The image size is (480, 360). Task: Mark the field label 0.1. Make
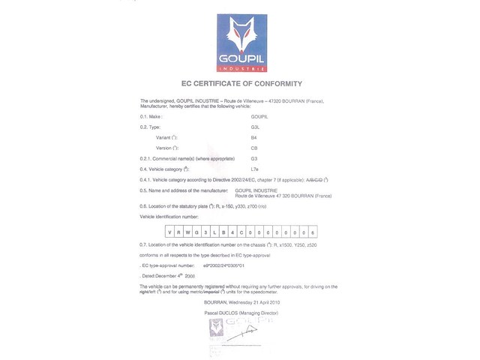(x=151, y=118)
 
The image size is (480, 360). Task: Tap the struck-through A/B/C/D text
(x=315, y=181)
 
